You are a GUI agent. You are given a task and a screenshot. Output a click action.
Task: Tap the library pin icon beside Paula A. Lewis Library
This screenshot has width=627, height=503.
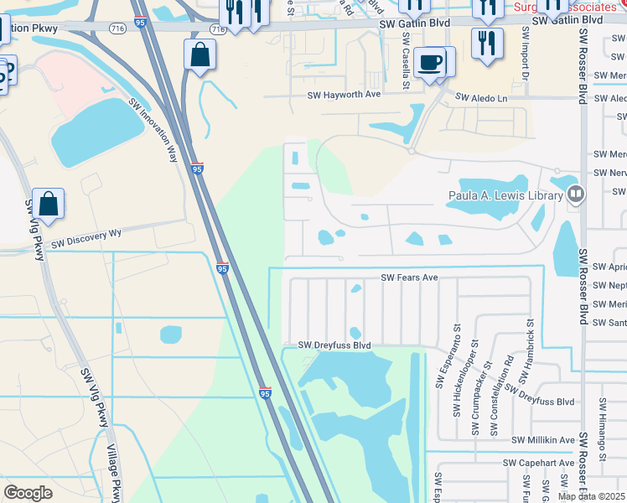pos(575,195)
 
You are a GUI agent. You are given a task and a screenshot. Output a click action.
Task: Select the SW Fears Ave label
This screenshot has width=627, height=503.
pos(410,277)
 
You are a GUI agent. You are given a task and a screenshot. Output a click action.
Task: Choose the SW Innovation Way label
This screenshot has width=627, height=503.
pos(154,130)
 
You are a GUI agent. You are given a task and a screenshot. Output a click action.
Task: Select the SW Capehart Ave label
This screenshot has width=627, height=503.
pos(538,463)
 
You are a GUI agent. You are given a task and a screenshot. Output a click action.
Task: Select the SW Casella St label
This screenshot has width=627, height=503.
pos(406,68)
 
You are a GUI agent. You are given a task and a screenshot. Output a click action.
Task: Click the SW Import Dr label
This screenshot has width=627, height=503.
pos(526,52)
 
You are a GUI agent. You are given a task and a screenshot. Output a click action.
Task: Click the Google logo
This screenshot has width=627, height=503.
pos(28,493)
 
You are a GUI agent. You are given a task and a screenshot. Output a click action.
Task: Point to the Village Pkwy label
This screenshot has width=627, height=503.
pos(114,473)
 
